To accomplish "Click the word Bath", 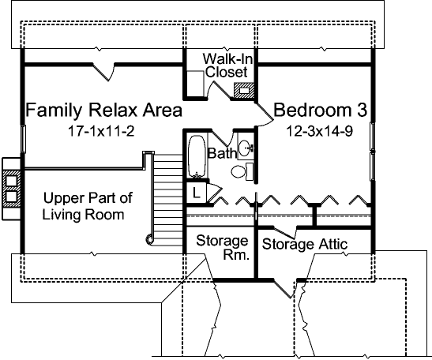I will click(x=222, y=152).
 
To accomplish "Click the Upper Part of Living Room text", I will click(x=85, y=206).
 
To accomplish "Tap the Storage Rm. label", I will click(x=222, y=248).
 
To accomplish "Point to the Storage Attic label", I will click(x=305, y=245).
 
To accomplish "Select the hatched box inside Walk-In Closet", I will click(x=246, y=90).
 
